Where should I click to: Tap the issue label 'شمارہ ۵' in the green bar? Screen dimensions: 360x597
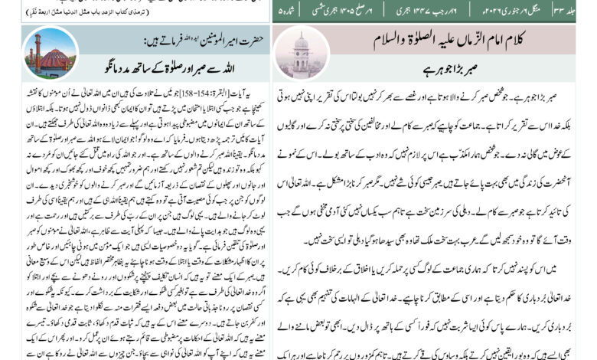click(x=287, y=9)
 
